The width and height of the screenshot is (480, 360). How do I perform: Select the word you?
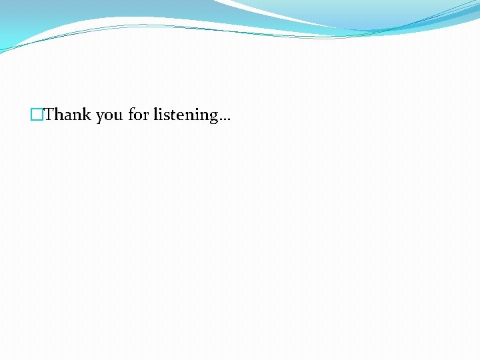click(x=109, y=116)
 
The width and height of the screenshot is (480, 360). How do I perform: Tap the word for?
click(x=138, y=115)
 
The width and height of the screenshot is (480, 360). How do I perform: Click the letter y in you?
click(x=99, y=117)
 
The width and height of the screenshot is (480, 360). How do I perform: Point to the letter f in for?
click(x=131, y=114)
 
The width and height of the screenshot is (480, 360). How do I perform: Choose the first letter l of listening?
click(x=155, y=114)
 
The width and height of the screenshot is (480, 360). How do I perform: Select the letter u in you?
click(x=118, y=116)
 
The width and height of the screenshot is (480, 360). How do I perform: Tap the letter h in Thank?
click(x=59, y=115)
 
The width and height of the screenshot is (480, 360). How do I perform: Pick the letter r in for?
click(x=146, y=116)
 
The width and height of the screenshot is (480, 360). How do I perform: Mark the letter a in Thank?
click(x=68, y=116)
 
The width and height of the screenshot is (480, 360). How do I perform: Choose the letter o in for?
click(x=138, y=116)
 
